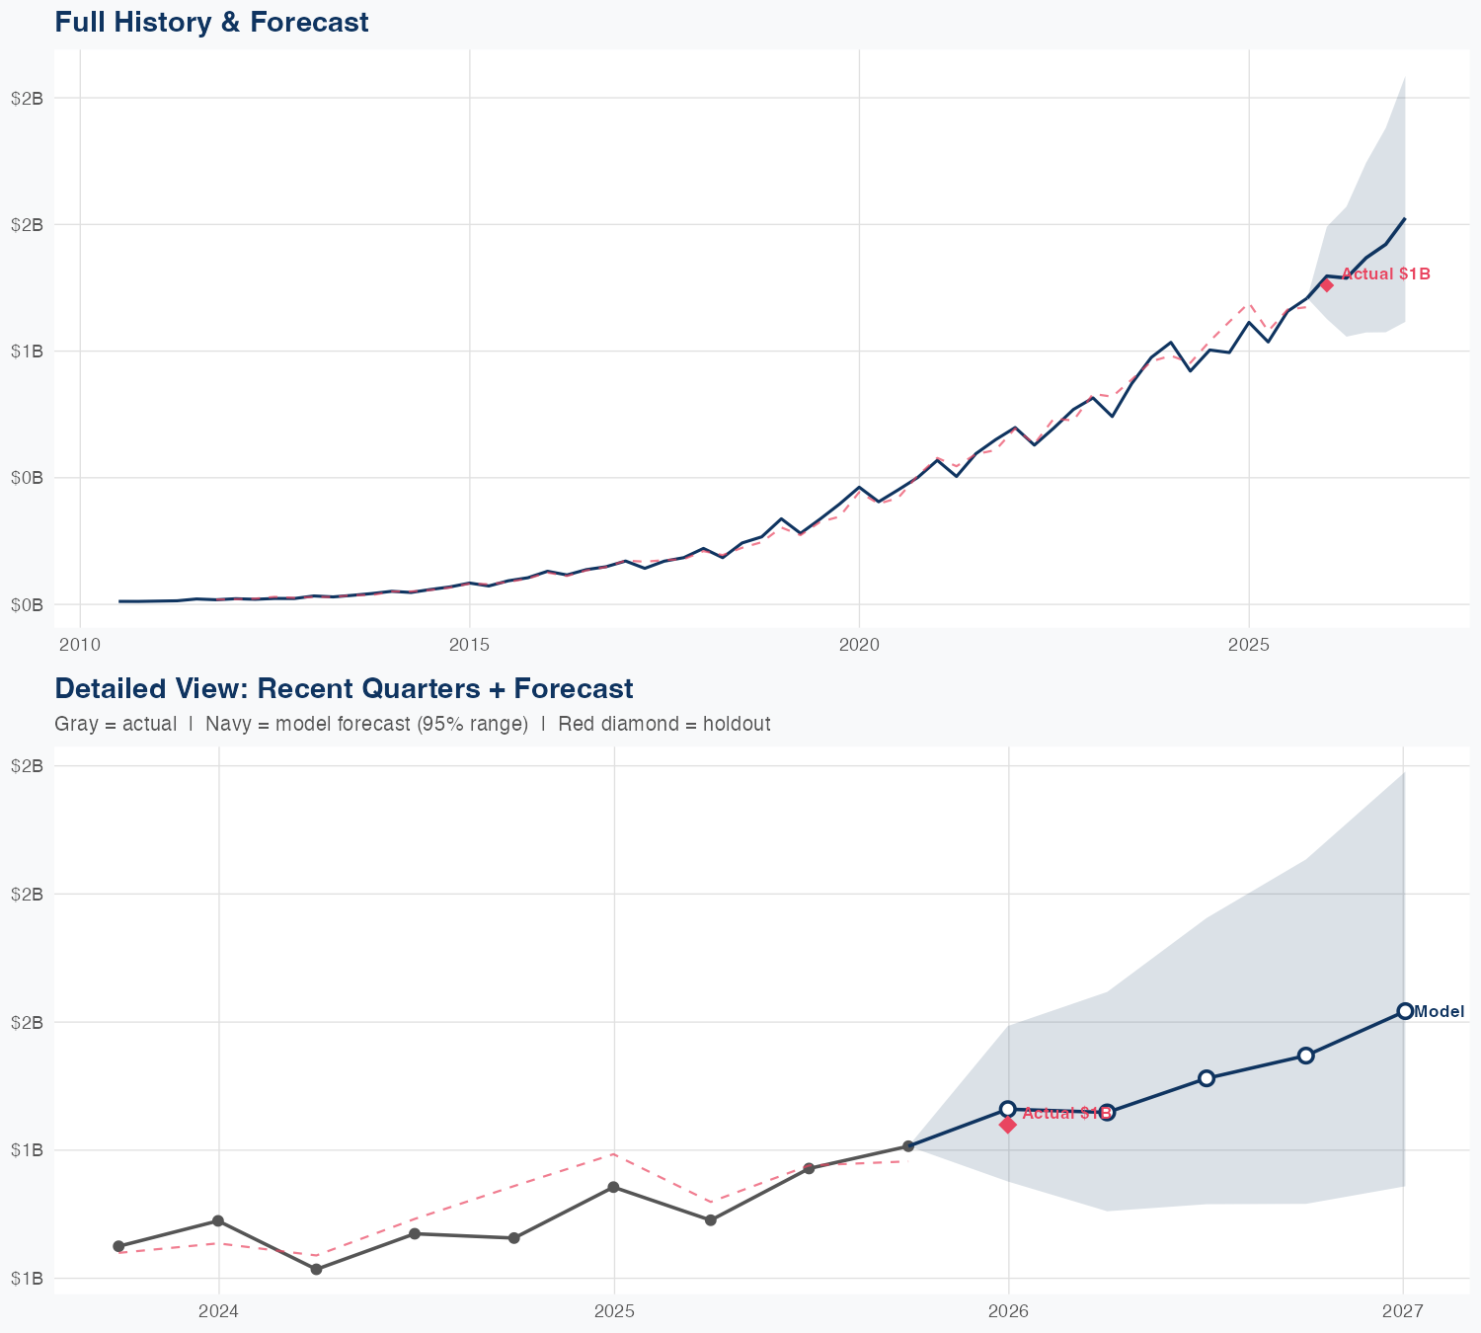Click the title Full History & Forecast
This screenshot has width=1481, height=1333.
[211, 22]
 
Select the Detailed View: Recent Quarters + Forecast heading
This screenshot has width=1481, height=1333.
[344, 688]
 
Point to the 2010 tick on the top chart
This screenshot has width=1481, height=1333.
[79, 645]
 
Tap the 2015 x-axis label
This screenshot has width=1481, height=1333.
[469, 645]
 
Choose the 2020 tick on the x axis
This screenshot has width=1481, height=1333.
[859, 645]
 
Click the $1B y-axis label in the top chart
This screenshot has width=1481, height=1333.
[27, 352]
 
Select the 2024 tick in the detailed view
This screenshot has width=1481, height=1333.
[218, 1311]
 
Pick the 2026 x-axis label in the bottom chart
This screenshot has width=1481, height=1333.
[1008, 1311]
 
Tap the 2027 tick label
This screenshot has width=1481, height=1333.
[1402, 1311]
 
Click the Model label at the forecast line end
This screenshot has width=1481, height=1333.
[1439, 1011]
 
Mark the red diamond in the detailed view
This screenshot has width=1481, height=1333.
[1008, 1125]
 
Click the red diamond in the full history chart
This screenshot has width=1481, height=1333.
[1327, 285]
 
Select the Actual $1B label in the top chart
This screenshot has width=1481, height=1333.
[1385, 274]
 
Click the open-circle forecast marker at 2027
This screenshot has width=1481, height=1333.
[1404, 1011]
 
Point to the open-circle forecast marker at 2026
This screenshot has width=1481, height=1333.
[1008, 1109]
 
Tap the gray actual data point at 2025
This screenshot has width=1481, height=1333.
[613, 1187]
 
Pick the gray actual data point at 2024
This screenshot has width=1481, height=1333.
[218, 1221]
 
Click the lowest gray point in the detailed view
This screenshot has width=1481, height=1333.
[316, 1269]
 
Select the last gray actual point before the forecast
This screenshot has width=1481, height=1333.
[908, 1146]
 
